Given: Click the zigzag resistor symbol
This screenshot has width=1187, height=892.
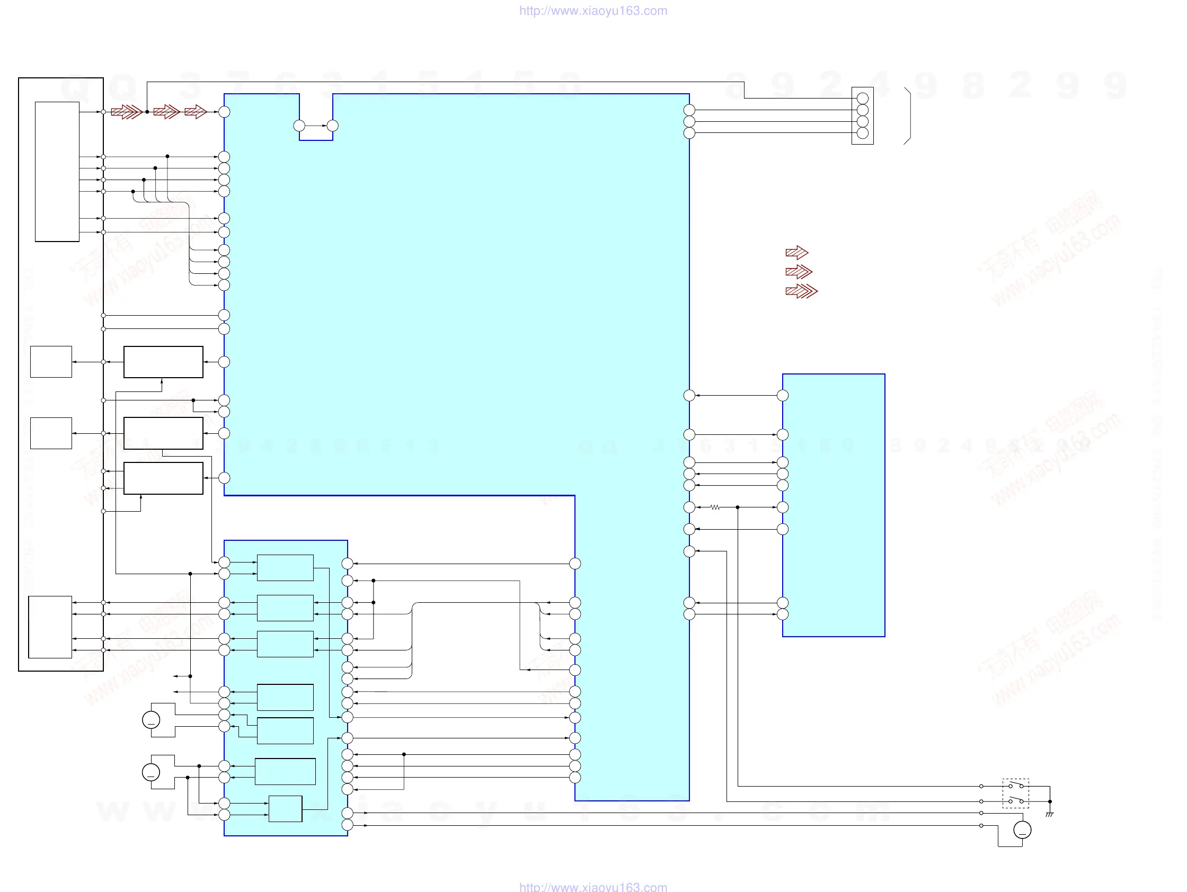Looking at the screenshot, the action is coord(715,507).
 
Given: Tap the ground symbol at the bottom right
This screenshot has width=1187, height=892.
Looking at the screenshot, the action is coord(1050,815).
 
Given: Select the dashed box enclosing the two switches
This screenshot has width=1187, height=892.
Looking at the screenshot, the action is coord(1016,793).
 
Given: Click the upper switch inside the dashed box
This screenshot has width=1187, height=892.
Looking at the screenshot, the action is coord(1016,786).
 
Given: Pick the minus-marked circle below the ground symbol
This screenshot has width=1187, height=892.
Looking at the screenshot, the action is coord(1022,830).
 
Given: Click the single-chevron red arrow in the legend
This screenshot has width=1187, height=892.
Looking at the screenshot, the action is coord(796,253).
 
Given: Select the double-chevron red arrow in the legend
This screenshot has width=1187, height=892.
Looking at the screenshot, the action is coord(799,272).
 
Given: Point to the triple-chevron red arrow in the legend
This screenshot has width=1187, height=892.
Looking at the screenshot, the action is coord(801,291).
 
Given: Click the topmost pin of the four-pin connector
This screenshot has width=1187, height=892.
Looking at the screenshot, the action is coord(863,98).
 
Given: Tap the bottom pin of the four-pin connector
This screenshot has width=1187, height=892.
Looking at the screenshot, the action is coord(863,133).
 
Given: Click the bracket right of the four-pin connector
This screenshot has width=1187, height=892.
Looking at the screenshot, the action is coord(908,116).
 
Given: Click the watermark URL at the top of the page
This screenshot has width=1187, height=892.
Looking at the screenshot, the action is coord(593,11).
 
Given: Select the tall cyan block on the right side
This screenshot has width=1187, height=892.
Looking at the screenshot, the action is coord(834,505).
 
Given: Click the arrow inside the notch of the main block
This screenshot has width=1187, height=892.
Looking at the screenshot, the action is coord(316,126).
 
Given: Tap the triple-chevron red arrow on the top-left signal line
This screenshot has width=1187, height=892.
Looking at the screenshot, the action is coord(127,112).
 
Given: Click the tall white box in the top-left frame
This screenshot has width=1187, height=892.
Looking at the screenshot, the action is coord(57,172).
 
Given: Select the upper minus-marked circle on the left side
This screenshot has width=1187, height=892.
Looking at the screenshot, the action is coord(151,720).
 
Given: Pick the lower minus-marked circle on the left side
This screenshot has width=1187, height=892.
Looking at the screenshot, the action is coord(151,772).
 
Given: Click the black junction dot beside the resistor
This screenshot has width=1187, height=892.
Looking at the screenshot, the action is coord(738,507).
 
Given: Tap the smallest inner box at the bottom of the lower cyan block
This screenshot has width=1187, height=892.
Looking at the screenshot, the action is coord(286,809).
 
